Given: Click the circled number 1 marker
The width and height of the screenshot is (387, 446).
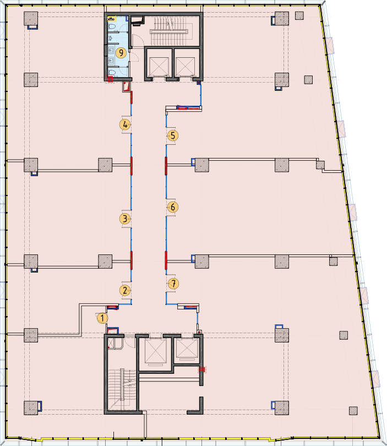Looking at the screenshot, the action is tap(102, 318).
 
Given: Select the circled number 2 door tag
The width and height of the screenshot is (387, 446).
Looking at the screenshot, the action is tap(125, 290).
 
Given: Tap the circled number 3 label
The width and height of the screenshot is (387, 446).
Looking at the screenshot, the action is tap(125, 219).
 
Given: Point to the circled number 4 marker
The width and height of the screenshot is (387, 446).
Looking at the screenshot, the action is tap(125, 124).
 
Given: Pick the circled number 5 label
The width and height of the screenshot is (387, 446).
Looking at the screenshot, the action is tap(173, 135).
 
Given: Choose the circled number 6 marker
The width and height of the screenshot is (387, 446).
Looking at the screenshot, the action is tap(173, 207).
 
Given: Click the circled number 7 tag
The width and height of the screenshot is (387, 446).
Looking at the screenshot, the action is tap(173, 284).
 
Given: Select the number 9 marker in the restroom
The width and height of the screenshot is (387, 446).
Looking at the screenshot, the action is tap(122, 53).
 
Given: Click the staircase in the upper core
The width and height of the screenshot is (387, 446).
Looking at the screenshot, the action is tap(171, 31).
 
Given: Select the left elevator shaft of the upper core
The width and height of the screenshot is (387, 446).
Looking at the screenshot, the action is tap(159, 64).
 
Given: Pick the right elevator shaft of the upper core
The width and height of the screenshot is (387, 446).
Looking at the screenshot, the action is tap(186, 64).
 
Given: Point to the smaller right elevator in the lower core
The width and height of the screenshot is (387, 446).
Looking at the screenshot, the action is tap(187, 349).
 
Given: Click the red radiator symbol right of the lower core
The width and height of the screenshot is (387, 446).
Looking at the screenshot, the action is tap(202, 370).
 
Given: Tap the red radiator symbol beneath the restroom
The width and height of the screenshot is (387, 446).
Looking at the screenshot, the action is tap(110, 79).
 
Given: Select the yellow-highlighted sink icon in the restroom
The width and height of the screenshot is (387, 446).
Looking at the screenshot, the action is tap(111, 19).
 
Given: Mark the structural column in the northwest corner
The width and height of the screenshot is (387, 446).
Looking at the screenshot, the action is tap(31, 19).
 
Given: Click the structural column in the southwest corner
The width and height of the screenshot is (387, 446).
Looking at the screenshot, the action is tap(31, 408).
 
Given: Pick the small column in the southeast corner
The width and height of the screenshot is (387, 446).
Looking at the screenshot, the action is tap(353, 411).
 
